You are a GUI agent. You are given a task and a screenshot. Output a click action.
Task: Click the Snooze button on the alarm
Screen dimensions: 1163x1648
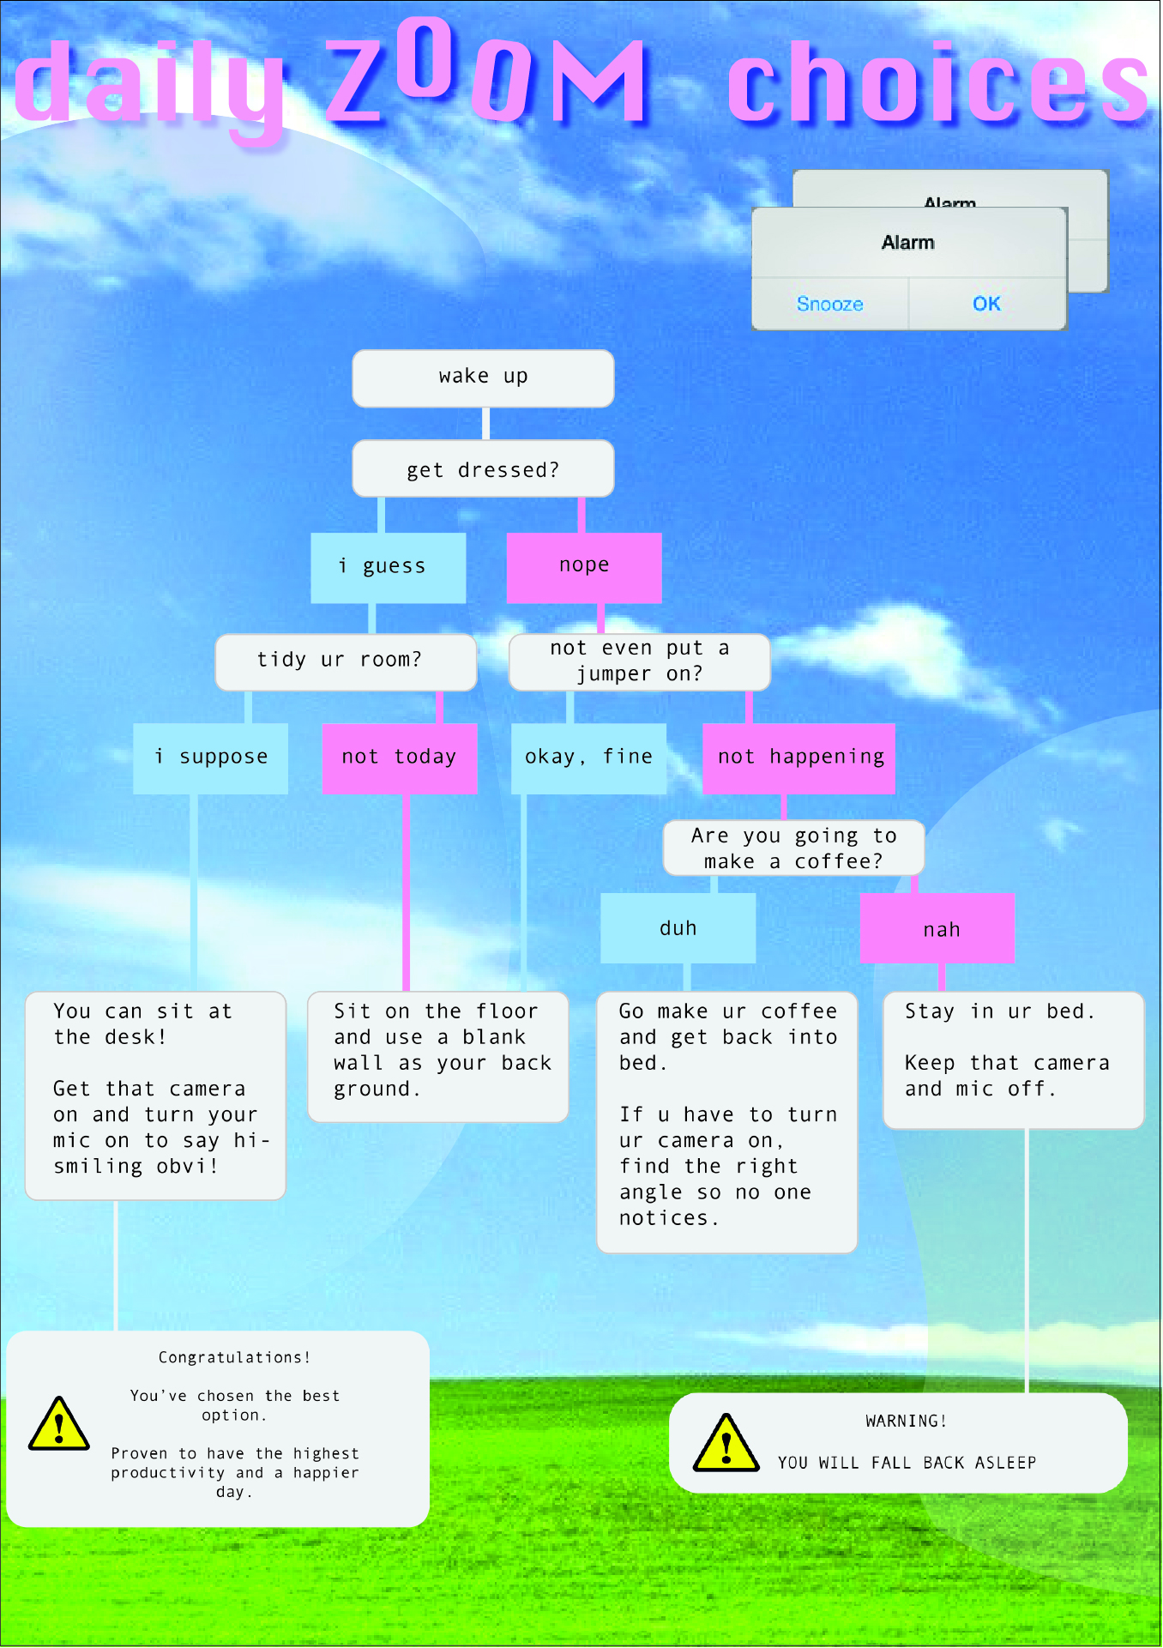pos(829,304)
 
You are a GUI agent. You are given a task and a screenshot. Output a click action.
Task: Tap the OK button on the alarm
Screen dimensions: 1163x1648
pos(986,304)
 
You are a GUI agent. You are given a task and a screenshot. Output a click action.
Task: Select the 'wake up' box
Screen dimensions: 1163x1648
pos(483,377)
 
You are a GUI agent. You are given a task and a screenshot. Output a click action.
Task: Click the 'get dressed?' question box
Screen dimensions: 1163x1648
pos(483,468)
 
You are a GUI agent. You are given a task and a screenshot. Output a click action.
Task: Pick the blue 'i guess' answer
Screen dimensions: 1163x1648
pos(389,567)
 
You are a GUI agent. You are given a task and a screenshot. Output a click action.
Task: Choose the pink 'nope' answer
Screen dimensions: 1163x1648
pos(584,567)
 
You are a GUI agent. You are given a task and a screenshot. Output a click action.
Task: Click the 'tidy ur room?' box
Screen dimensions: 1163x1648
pos(346,661)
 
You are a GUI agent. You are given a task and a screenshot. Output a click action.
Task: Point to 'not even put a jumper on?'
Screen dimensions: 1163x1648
pos(640,661)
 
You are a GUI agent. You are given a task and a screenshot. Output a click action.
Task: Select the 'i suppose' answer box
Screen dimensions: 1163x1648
pos(211,758)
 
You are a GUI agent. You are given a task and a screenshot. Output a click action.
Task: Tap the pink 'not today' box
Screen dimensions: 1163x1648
pos(400,758)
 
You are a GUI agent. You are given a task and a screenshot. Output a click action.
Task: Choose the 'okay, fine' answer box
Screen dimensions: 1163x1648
pos(588,758)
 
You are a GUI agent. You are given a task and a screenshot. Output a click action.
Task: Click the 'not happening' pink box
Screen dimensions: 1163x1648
pos(799,758)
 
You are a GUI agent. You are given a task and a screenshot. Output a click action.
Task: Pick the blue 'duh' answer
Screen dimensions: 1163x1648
pos(678,928)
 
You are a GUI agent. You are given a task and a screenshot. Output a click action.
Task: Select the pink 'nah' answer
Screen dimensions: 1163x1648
pos(938,928)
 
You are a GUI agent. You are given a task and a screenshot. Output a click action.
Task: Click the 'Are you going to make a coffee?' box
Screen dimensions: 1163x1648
pos(794,848)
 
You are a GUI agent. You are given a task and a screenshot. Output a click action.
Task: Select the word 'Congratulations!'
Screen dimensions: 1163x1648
pos(234,1357)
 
